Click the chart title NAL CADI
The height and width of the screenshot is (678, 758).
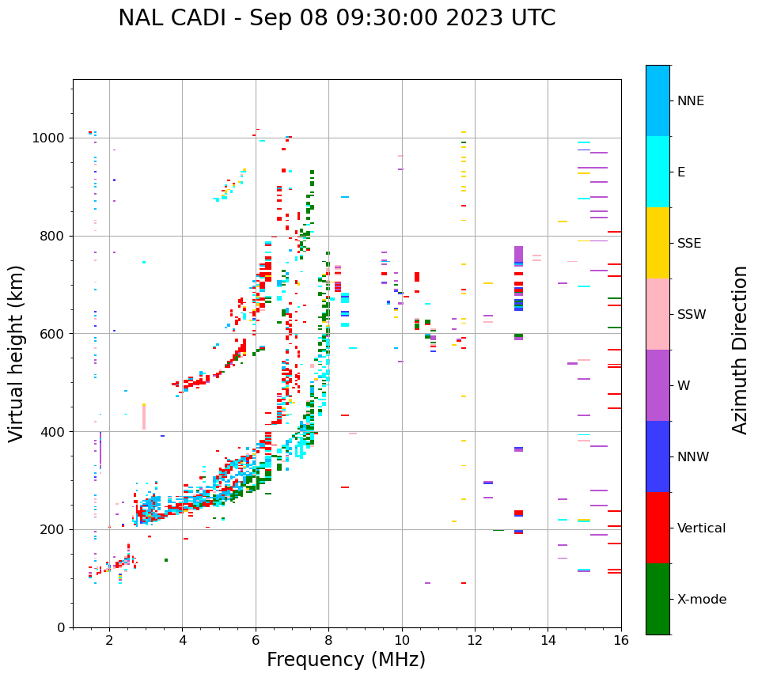point(336,18)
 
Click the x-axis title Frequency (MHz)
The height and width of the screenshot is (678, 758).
point(346,660)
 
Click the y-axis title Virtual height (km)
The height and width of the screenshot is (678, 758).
point(17,353)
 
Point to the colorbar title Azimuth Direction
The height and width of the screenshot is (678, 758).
point(740,349)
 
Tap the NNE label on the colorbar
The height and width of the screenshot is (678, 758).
point(690,101)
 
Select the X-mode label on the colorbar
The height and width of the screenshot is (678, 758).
point(701,600)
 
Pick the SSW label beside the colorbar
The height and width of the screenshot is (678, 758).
point(692,315)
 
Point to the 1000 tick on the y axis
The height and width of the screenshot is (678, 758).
point(50,138)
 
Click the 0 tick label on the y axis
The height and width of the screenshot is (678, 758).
point(61,627)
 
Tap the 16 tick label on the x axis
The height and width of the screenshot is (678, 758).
point(621,641)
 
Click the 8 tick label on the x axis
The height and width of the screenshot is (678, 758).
point(328,641)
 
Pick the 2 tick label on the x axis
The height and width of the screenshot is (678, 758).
point(109,641)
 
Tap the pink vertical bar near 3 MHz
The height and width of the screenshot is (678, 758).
point(144,417)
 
